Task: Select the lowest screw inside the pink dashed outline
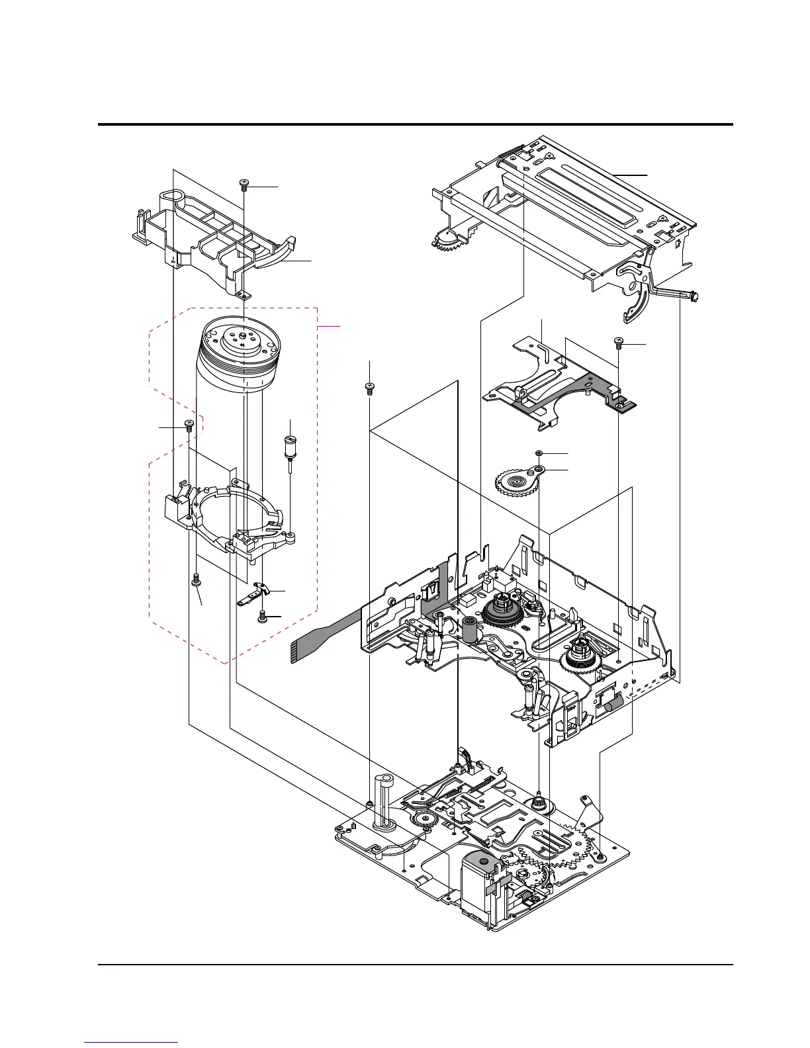263,617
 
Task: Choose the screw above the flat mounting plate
619,343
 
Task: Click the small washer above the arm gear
539,453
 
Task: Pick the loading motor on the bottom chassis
483,883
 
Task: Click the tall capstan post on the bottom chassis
384,801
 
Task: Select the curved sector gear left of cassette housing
450,240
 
